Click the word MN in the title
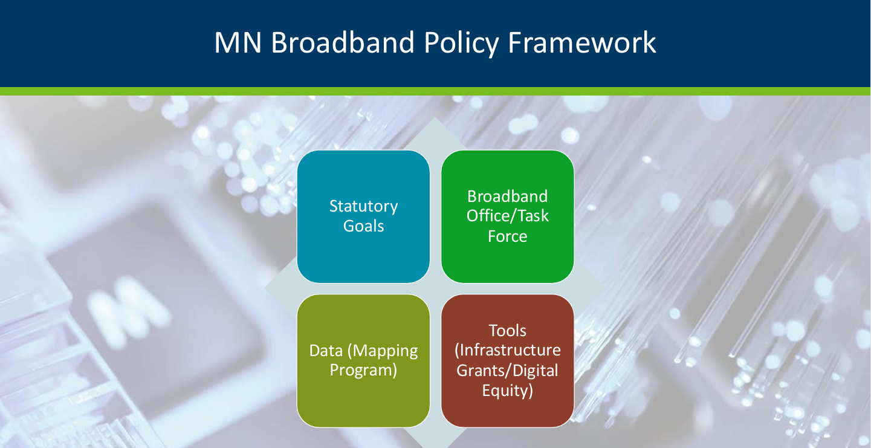[238, 42]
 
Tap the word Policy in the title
[461, 44]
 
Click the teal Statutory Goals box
[363, 216]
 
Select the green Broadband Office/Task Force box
[508, 216]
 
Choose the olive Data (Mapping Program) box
[363, 360]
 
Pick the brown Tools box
[508, 360]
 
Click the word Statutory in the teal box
[363, 207]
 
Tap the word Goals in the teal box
[363, 226]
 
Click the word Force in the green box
[508, 236]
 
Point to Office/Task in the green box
[508, 216]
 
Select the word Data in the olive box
[326, 351]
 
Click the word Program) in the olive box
[363, 371]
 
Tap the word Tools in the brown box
[508, 331]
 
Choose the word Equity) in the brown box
[508, 391]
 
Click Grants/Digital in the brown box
[508, 371]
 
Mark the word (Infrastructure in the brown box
[508, 351]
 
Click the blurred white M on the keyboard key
[128, 312]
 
